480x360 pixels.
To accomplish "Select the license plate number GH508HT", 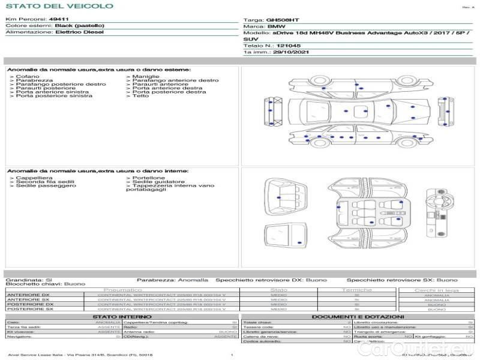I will [282, 20].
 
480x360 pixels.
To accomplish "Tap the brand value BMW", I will [276, 27].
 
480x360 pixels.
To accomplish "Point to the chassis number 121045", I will [289, 46].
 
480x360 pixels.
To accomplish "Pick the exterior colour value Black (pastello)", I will [79, 26].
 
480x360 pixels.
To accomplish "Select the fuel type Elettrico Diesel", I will [79, 32].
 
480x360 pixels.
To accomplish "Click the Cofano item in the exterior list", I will [28, 77].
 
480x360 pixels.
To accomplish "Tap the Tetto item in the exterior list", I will [140, 96].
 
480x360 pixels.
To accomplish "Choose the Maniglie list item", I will [146, 77].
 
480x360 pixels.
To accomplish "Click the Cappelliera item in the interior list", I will [34, 178].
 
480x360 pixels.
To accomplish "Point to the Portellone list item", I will [149, 178].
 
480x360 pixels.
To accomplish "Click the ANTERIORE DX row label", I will [28, 295].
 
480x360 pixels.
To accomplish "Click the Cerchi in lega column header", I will [436, 290].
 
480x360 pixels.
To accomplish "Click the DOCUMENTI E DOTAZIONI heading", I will [358, 317].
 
